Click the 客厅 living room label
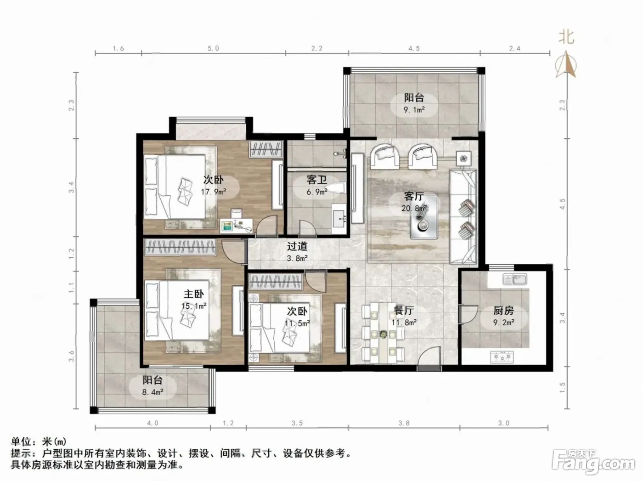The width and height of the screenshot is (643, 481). point(414,196)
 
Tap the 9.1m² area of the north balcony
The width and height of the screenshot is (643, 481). point(414,110)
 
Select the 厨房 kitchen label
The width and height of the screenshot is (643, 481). point(503,311)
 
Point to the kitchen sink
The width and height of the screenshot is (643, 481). point(515,279)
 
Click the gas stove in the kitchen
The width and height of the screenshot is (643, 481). point(502,357)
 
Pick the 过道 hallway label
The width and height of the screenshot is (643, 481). point(297,246)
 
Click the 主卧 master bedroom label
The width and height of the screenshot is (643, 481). point(194,294)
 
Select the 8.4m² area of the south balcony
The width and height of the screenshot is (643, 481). point(152,392)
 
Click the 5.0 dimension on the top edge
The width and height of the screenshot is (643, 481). point(213,48)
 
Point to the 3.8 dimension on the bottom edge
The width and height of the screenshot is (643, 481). point(404,423)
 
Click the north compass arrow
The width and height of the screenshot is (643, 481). point(566,64)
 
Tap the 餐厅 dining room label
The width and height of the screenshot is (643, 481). point(404,311)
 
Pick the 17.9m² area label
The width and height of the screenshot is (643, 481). point(213,192)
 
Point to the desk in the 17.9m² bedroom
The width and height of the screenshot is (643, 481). point(236,226)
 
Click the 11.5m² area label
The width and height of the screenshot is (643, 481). point(297,323)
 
